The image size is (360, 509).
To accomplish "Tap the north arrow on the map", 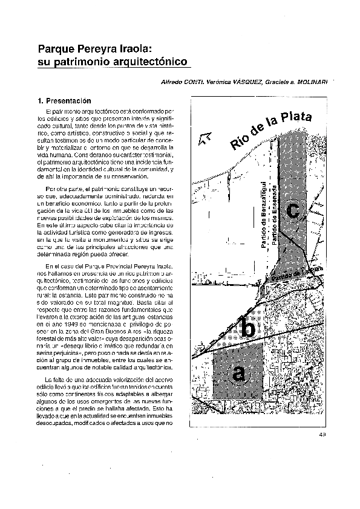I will point(205,140).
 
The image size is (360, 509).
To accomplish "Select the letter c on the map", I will point(292,211).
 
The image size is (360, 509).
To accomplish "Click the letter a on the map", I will point(240,374).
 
